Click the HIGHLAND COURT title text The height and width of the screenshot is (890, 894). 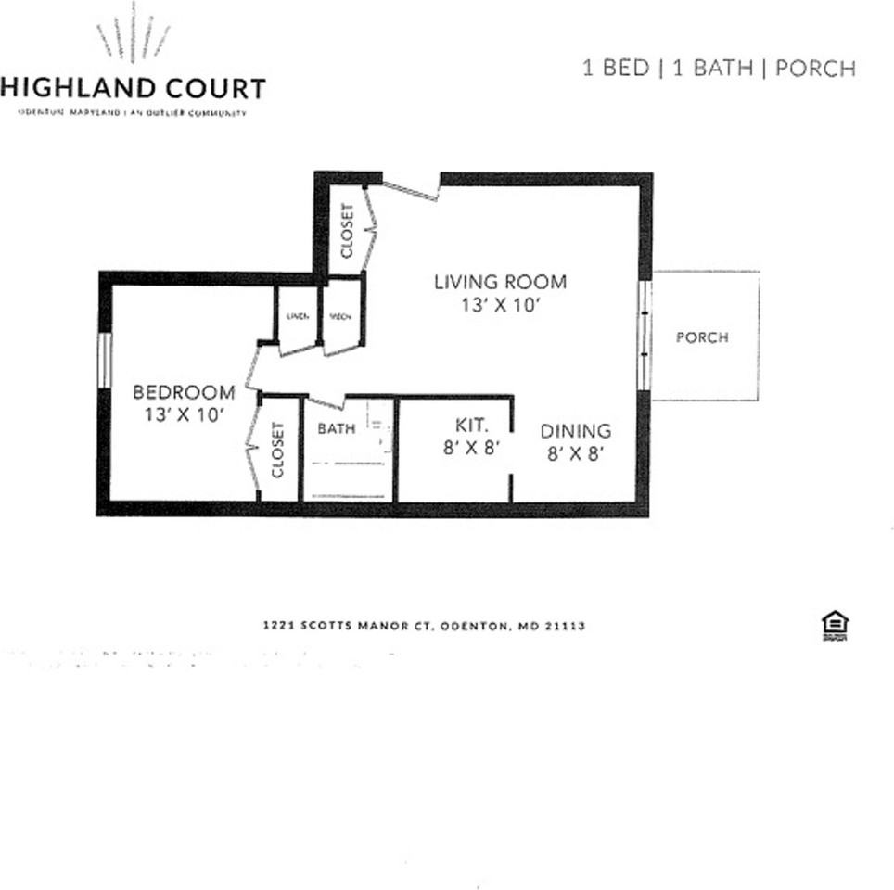point(133,89)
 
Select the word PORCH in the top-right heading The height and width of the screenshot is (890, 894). point(815,69)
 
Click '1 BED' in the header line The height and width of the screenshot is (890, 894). point(615,69)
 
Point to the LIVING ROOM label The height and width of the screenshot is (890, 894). point(500,282)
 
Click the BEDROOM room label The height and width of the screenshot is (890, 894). point(184,392)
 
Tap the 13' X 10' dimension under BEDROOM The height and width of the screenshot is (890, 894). point(185,415)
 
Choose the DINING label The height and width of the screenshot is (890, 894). point(576,431)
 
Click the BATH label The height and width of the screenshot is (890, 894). point(336,428)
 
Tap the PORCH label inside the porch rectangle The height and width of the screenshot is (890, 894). point(702,337)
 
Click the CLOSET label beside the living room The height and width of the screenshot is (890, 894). point(348,230)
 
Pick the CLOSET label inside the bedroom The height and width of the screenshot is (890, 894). point(278,451)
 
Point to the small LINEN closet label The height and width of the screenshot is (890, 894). point(297,316)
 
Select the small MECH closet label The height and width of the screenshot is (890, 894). point(339,316)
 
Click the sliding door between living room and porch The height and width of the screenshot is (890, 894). point(644,335)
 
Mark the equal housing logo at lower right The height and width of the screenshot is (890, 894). point(834,627)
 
